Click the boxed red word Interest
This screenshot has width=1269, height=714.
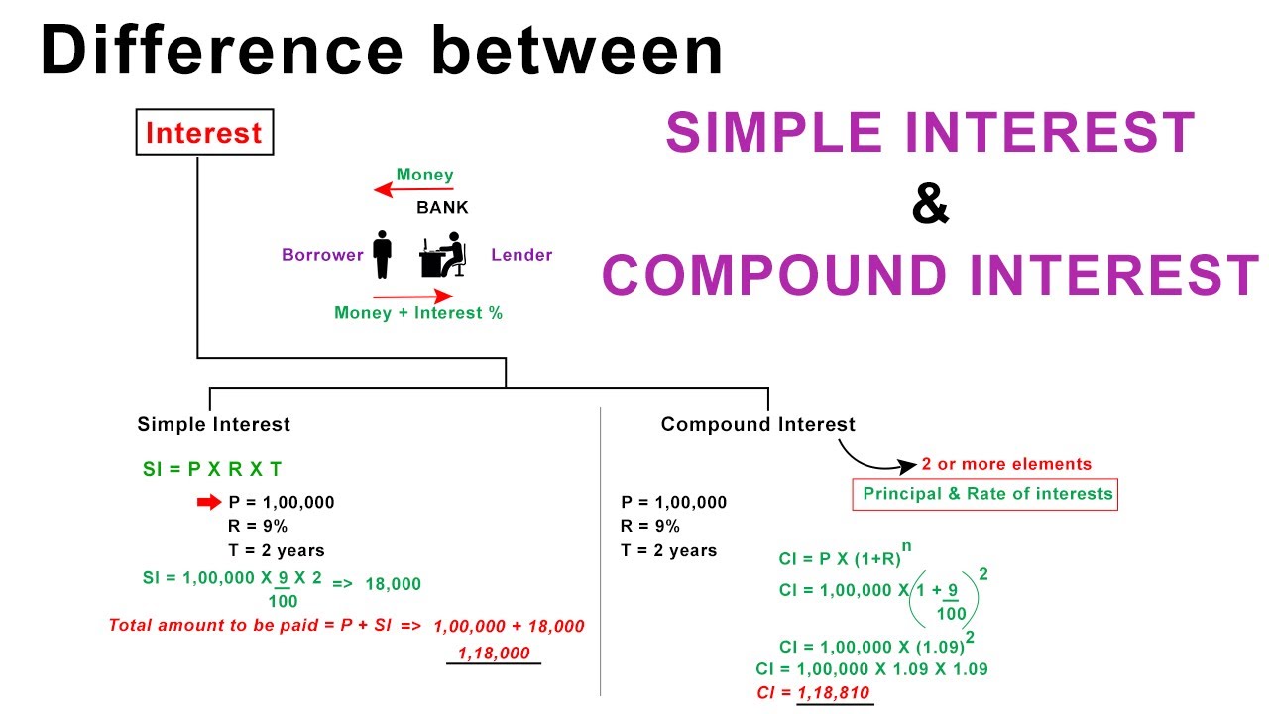point(204,134)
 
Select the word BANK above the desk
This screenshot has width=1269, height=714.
point(442,208)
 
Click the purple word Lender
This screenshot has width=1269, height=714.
point(521,255)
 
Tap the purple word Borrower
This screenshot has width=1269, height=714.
point(322,255)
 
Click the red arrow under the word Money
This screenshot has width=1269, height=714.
point(412,189)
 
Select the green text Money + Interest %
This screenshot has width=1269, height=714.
point(418,313)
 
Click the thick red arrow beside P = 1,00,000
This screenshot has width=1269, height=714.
point(209,502)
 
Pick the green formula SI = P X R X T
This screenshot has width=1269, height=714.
point(212,469)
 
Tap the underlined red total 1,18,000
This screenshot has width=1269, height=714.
point(494,653)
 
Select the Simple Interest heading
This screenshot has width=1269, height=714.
point(214,424)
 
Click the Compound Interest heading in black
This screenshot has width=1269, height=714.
point(757,424)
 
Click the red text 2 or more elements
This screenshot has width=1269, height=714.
point(1006,464)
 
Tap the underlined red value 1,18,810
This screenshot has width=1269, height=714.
point(836,692)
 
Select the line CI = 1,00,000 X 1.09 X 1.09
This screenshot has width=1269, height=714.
point(871,669)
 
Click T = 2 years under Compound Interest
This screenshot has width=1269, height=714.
point(669,550)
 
